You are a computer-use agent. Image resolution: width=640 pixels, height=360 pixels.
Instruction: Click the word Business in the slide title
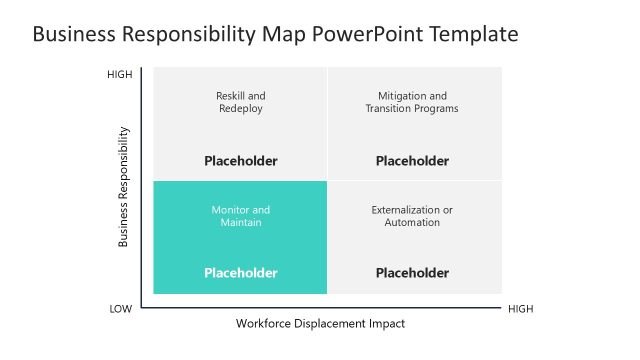coord(74,35)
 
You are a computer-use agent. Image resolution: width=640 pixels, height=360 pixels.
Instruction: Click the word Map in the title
coord(281,35)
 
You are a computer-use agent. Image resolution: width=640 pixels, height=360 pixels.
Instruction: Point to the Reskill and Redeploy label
coord(241,102)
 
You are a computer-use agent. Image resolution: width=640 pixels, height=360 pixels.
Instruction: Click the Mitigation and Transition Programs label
coord(412,102)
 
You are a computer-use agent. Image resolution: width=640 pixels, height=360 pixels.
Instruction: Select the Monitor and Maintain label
coord(241,216)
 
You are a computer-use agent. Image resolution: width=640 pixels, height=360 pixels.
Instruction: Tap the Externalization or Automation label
coord(412,216)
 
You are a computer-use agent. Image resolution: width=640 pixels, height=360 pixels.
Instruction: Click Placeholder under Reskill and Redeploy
coord(241,160)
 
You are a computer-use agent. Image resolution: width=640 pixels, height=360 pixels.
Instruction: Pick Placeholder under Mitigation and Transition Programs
coord(412,160)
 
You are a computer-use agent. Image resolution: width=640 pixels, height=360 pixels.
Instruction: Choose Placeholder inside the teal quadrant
coord(241,272)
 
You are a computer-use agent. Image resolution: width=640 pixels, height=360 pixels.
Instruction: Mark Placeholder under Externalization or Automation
coord(412,272)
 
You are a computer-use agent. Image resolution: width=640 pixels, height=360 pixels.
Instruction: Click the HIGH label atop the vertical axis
coord(120,75)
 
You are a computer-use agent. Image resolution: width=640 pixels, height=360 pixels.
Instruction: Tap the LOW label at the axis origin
coord(120,309)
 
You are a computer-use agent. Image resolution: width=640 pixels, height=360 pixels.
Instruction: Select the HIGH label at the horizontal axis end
coord(521,309)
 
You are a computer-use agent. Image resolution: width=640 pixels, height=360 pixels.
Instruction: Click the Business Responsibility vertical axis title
coord(124,186)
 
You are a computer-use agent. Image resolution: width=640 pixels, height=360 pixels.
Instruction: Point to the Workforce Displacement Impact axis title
coord(321,324)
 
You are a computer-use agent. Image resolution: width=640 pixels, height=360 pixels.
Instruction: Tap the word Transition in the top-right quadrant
coord(388,108)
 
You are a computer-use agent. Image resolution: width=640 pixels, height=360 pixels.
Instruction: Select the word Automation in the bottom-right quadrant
coord(412,222)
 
